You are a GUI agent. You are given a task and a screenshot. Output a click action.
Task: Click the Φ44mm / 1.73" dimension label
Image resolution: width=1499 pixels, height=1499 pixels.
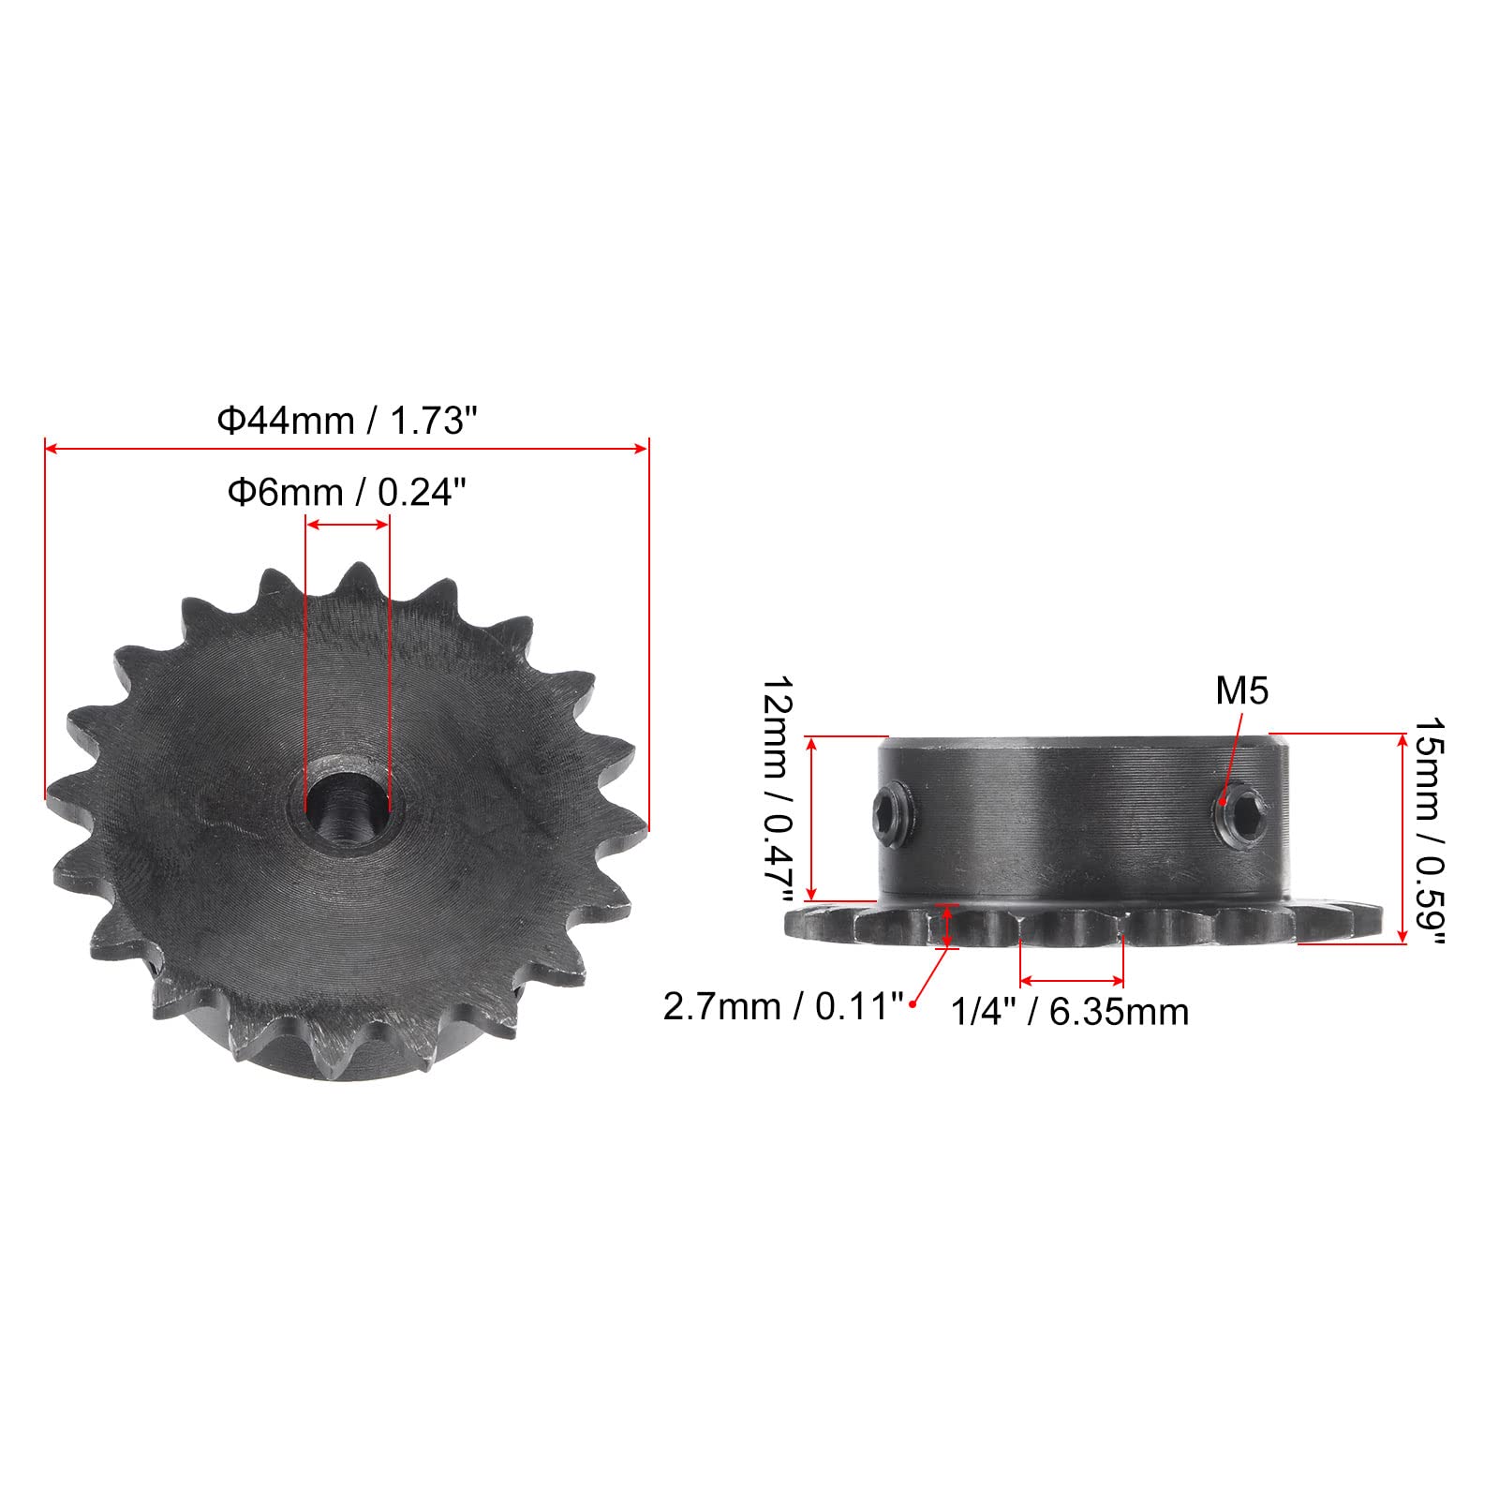point(342,422)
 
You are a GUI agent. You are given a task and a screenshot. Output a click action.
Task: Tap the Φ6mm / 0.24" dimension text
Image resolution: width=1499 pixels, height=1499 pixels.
point(347,492)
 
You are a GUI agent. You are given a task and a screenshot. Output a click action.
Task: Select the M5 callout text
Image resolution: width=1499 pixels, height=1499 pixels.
point(1241,691)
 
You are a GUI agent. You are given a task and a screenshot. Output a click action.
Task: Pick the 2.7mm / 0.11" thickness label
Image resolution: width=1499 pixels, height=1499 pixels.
point(783,1007)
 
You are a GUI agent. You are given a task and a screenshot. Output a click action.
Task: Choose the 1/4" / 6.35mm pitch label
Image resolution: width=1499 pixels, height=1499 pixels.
point(1070,1012)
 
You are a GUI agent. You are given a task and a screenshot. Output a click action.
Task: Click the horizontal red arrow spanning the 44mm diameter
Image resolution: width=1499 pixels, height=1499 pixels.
point(347,449)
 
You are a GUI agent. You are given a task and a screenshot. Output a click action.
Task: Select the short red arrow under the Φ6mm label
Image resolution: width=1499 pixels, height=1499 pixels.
point(348,525)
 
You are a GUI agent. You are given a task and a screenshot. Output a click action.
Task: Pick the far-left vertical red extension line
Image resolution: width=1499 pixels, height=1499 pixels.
point(45,618)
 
